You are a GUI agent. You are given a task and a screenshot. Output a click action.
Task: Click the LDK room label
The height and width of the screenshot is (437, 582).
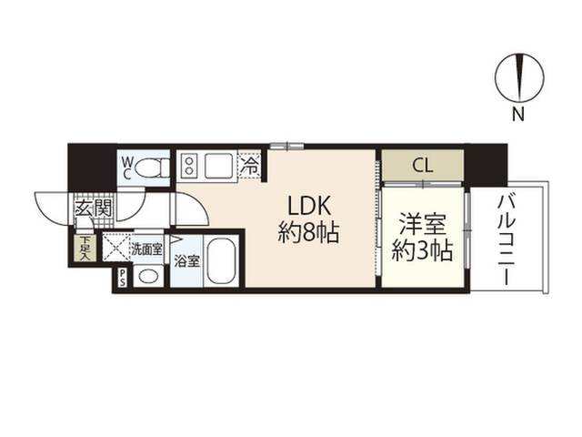(x=309, y=207)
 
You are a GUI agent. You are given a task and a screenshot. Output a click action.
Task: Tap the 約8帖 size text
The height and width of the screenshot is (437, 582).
(x=308, y=233)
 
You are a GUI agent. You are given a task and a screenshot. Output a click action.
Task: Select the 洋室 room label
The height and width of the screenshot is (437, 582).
(x=422, y=225)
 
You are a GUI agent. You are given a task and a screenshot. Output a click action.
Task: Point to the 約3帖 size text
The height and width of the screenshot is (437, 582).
(x=422, y=251)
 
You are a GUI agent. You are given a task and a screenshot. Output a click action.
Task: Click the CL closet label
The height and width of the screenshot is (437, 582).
(x=423, y=166)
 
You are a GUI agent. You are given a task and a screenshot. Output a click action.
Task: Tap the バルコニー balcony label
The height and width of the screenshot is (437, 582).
(x=507, y=240)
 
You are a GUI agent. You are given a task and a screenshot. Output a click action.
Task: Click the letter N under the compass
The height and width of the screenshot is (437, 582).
(x=518, y=114)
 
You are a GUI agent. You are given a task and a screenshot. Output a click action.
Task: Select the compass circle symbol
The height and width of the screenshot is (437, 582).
(x=519, y=79)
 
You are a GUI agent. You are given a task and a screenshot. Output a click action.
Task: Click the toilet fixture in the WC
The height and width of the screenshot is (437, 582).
(x=153, y=168)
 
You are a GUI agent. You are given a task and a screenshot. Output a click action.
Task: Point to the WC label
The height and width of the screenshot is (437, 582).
(x=127, y=168)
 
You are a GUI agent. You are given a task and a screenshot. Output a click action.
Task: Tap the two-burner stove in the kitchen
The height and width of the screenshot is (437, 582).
(x=189, y=166)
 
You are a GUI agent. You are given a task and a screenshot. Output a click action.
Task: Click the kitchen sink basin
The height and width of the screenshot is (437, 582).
(x=219, y=166)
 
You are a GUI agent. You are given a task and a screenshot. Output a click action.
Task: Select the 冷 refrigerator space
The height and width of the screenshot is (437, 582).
(x=249, y=166)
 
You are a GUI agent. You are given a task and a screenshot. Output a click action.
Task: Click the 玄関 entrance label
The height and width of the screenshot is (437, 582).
(x=93, y=208)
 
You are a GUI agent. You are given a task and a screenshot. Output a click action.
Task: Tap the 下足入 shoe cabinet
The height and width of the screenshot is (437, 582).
(x=85, y=248)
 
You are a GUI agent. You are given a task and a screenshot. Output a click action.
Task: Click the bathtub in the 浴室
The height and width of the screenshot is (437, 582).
(x=221, y=261)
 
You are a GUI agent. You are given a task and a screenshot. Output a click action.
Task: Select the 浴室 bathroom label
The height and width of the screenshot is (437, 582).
(x=187, y=261)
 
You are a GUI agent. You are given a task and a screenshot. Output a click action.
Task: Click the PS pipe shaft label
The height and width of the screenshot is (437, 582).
(x=122, y=278)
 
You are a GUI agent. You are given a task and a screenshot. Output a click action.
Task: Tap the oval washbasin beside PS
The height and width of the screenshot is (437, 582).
(x=148, y=276)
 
